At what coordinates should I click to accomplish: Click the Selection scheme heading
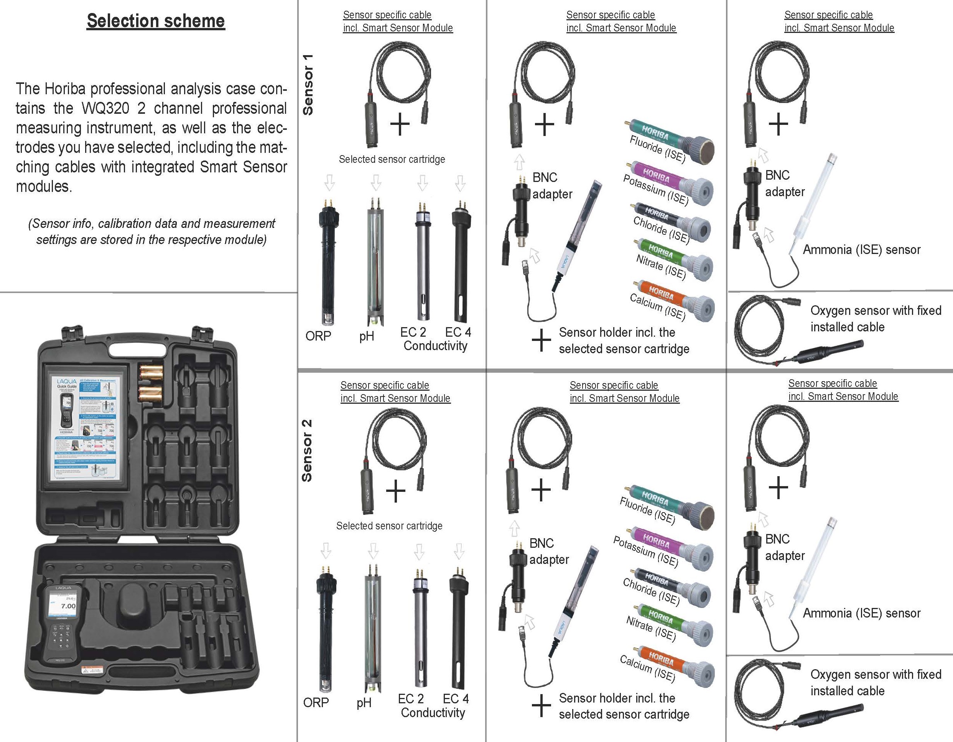[156, 21]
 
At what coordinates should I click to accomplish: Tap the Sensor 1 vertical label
[308, 85]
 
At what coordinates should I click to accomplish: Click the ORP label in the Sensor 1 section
[318, 336]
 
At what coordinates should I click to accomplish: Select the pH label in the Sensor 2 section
[364, 703]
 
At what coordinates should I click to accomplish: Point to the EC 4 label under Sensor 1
[458, 332]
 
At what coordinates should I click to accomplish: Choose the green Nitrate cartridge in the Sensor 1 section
[670, 257]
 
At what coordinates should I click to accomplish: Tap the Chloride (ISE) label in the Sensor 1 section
[661, 230]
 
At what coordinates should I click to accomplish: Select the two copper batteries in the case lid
[151, 384]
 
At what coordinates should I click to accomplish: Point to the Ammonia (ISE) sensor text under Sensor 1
[861, 250]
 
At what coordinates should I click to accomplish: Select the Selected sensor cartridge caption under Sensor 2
[389, 526]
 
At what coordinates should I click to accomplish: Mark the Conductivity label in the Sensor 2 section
[433, 713]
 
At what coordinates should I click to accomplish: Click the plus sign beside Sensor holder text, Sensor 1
[541, 340]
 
